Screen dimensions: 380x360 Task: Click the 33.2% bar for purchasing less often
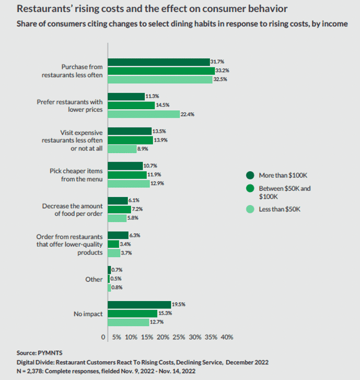(x=161, y=71)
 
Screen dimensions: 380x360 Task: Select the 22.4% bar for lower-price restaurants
(x=143, y=114)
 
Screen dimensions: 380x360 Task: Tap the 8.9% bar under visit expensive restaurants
(x=122, y=148)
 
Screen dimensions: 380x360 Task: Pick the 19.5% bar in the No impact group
(x=139, y=304)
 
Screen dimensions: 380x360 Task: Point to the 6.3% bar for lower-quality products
(x=118, y=235)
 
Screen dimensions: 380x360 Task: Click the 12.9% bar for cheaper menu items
(x=128, y=183)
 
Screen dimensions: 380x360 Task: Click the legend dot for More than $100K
(x=250, y=175)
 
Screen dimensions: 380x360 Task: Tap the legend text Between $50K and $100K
(x=285, y=192)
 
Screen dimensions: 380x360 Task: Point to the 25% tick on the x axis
(x=179, y=337)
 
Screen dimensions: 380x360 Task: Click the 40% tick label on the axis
(x=227, y=337)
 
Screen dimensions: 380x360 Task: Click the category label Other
(x=94, y=279)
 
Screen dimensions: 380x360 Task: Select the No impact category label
(x=88, y=314)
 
